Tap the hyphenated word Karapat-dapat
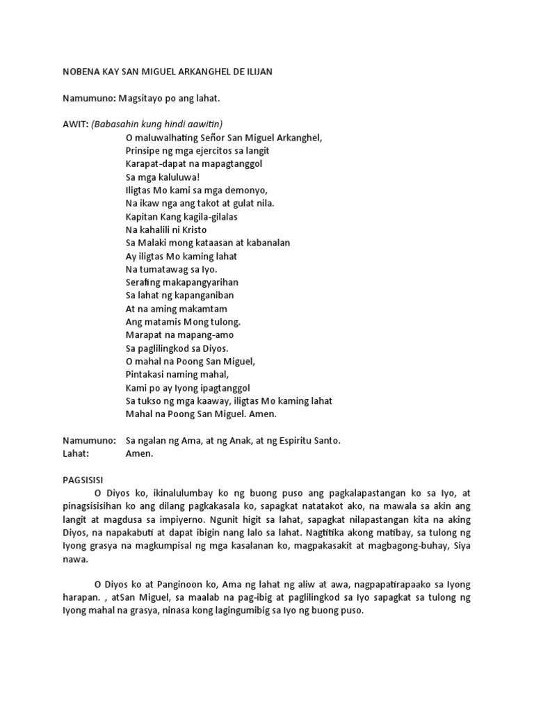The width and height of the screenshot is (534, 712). pos(159,163)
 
